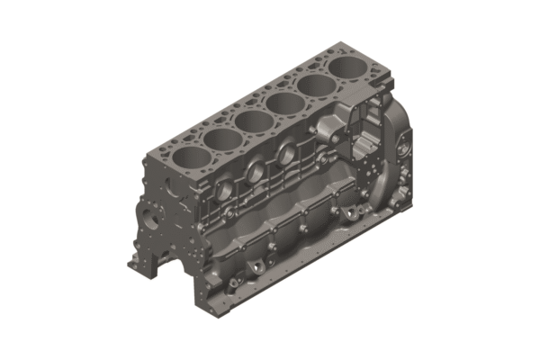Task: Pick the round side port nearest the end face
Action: point(224,191)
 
